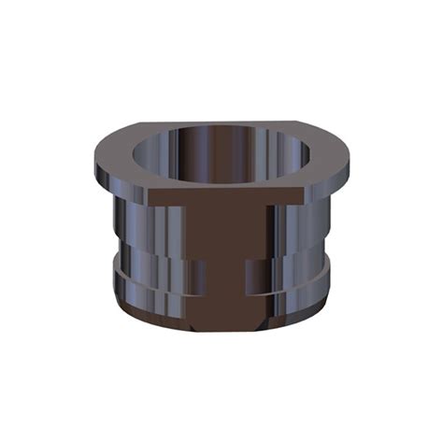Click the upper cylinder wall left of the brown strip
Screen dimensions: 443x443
pyautogui.click(x=154, y=229)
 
